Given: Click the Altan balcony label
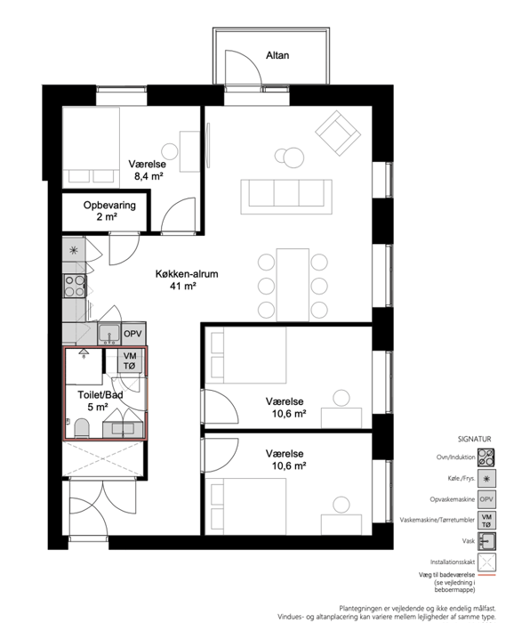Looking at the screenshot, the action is pos(277,55).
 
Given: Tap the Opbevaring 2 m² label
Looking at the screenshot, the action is pos(109,211).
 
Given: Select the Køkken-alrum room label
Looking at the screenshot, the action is pos(187,274).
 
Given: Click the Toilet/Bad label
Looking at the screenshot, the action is pos(100,395).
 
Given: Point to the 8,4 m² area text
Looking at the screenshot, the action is pos(149,176).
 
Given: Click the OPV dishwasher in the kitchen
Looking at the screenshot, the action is pos(133,334).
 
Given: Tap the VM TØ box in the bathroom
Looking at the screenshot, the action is pos(130,360).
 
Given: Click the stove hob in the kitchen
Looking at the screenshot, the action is pos(75,286).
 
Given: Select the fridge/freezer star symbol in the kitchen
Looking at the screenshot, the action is pos(74,250).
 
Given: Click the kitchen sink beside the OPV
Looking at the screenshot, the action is pos(108,334).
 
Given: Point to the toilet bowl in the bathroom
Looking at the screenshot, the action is pos(82,428).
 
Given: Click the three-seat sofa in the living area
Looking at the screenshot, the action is pos(286,197).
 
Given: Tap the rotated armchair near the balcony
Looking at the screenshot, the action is pos(338,133).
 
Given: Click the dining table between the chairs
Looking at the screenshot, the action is pos(293,285).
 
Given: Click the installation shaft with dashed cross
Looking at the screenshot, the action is pos(102,458).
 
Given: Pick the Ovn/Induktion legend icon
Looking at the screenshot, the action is pos(486,457).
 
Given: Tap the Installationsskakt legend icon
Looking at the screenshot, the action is pos(486,562).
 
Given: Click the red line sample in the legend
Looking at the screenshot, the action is pos(486,575).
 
